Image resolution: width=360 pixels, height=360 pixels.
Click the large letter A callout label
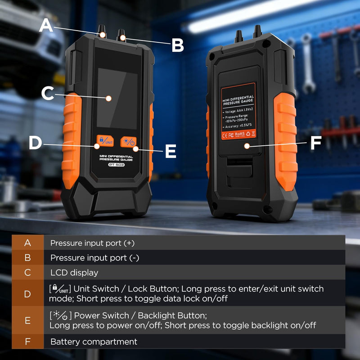(x=46, y=25)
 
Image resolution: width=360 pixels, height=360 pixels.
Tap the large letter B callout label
(x=178, y=45)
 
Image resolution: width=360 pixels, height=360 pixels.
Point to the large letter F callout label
(x=316, y=143)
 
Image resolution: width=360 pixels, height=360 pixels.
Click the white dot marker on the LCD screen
(x=108, y=99)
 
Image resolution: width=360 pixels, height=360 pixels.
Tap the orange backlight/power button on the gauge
(x=128, y=142)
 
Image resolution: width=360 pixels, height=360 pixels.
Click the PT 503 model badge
(x=117, y=165)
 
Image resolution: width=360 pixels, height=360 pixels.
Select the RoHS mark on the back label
(x=239, y=134)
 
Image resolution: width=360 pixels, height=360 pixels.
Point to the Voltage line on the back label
(x=238, y=111)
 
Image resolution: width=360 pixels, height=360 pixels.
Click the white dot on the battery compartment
(x=247, y=146)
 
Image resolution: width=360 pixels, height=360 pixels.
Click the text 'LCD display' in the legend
(x=74, y=273)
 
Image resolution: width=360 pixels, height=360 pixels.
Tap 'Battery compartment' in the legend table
(x=94, y=342)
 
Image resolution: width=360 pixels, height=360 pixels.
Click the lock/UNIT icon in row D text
(x=60, y=289)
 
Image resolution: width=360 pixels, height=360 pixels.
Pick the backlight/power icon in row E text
(x=60, y=315)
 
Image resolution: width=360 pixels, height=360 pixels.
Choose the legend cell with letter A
(x=27, y=243)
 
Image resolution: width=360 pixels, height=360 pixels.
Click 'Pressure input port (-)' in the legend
(x=94, y=258)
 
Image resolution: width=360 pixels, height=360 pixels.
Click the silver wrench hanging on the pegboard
(x=308, y=63)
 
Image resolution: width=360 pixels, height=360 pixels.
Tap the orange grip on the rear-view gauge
(x=285, y=142)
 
